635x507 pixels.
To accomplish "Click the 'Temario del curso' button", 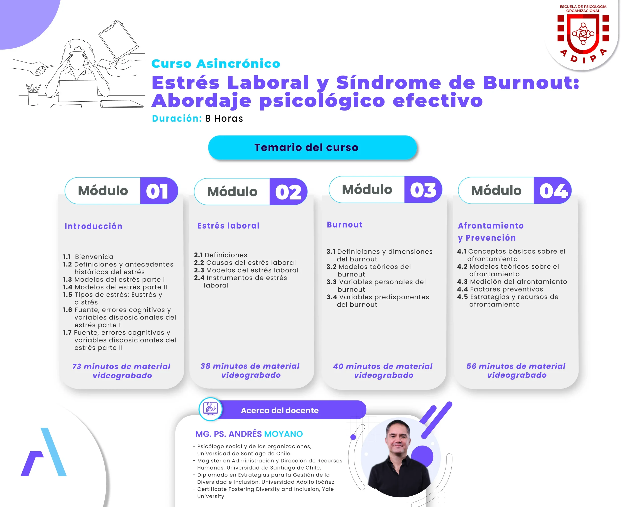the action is (x=312, y=147).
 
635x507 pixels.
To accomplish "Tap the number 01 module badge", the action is (x=159, y=191).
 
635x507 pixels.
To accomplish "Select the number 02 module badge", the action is (x=288, y=192).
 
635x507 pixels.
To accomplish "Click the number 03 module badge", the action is (x=423, y=190).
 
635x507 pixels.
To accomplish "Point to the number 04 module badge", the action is (x=552, y=190).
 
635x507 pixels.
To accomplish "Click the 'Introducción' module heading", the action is (x=93, y=226).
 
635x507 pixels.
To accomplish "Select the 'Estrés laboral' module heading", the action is (x=228, y=226).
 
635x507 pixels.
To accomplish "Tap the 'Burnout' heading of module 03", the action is (x=345, y=225).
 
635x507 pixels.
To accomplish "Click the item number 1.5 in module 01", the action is (x=67, y=295).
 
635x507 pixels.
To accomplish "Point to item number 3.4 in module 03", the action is (x=332, y=297).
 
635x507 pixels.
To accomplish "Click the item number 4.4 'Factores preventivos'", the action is (x=500, y=289).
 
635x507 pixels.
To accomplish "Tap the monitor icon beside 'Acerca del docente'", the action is (x=210, y=409).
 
